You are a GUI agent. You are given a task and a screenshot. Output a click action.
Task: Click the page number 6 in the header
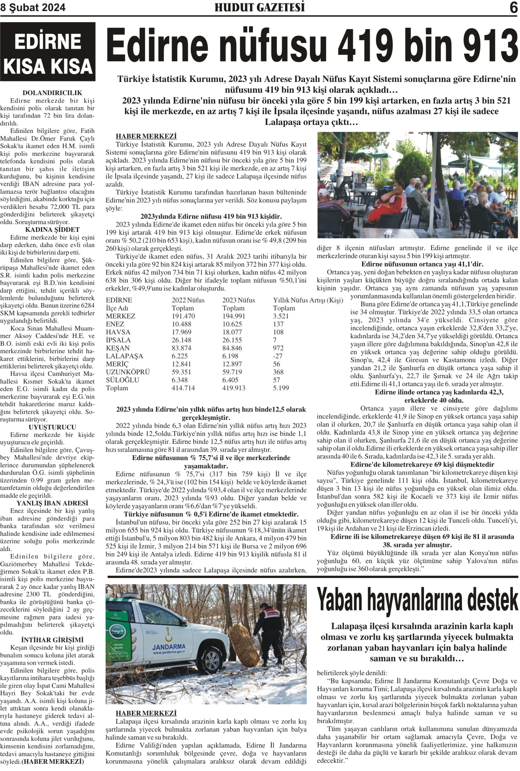point(513,8)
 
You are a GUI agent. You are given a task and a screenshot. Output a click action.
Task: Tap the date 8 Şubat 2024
point(33,8)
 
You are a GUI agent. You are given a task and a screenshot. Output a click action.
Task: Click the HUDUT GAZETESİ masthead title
point(259,7)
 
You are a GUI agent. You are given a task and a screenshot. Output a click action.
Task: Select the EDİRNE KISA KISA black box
point(48,52)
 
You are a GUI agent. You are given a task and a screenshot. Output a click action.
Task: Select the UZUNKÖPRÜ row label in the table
point(128,372)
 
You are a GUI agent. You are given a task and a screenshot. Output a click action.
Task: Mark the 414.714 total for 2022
point(183,388)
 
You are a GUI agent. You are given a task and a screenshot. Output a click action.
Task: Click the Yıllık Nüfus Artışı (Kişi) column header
point(308,300)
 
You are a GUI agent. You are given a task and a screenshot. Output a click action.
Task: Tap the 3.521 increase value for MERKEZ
point(281,316)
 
